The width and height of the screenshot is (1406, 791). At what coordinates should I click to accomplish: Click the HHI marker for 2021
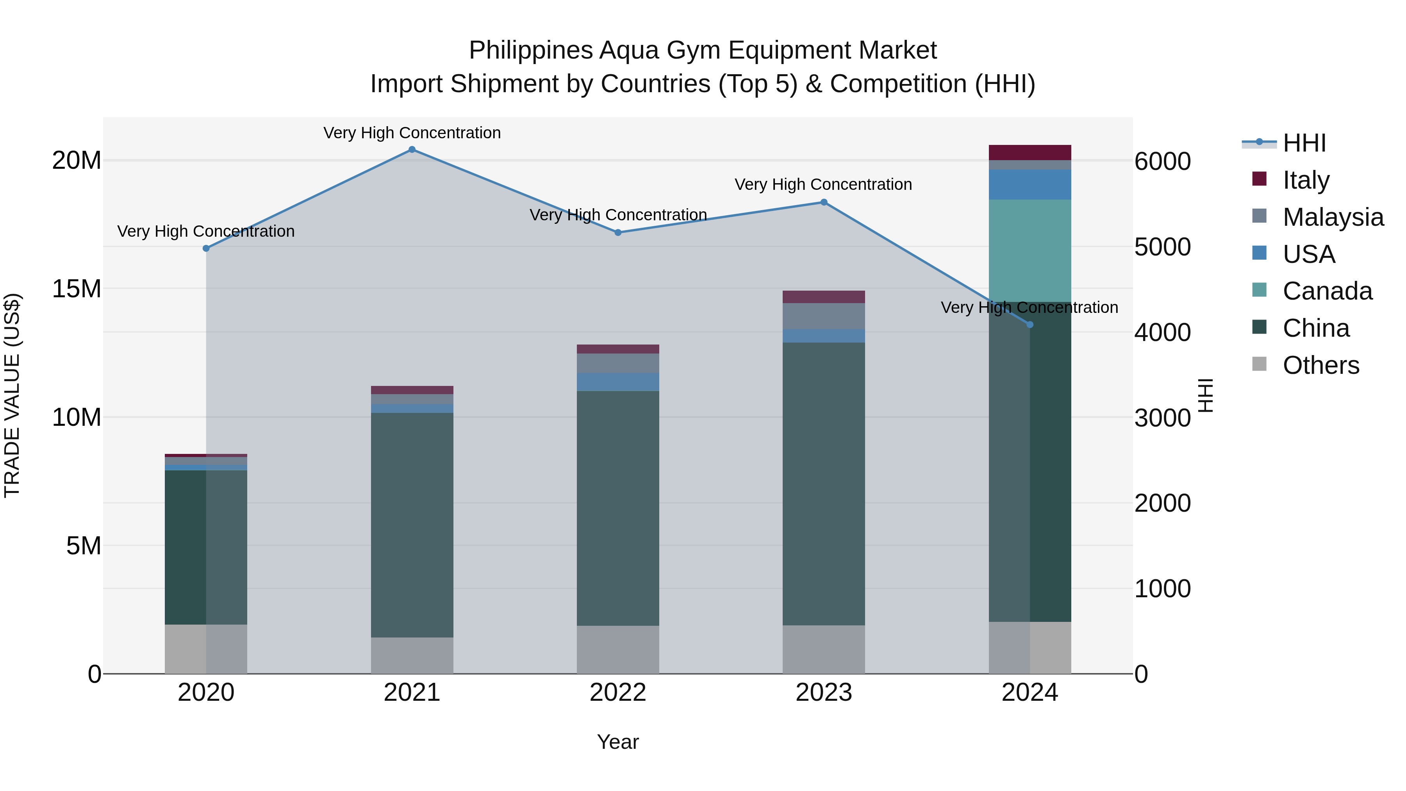pyautogui.click(x=412, y=150)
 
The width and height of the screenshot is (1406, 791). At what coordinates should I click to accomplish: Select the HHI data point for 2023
pyautogui.click(x=824, y=202)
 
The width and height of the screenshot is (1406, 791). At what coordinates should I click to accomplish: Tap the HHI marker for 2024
pyautogui.click(x=1030, y=325)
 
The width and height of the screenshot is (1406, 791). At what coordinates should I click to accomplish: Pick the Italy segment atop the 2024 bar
pyautogui.click(x=1030, y=152)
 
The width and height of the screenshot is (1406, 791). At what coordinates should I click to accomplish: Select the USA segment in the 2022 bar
pyautogui.click(x=618, y=382)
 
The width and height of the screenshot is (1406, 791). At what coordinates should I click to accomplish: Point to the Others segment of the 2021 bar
pyautogui.click(x=412, y=655)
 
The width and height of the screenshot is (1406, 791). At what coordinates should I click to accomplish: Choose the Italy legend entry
pyautogui.click(x=1306, y=180)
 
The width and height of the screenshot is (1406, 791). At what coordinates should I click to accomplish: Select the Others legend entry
pyautogui.click(x=1320, y=365)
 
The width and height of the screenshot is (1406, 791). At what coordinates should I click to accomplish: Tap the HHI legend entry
pyautogui.click(x=1304, y=143)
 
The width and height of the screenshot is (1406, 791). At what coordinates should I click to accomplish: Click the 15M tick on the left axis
pyautogui.click(x=77, y=289)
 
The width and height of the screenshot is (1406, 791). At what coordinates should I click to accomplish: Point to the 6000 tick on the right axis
pyautogui.click(x=1163, y=162)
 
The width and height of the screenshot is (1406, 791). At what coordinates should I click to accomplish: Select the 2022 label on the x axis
pyautogui.click(x=618, y=693)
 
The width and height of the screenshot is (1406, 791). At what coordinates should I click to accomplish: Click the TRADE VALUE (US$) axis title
pyautogui.click(x=12, y=395)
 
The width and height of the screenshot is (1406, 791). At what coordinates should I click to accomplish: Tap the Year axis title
pyautogui.click(x=618, y=742)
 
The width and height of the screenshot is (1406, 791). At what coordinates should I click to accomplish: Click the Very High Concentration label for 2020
pyautogui.click(x=206, y=232)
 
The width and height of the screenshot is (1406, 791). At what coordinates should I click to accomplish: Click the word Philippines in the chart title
pyautogui.click(x=530, y=51)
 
